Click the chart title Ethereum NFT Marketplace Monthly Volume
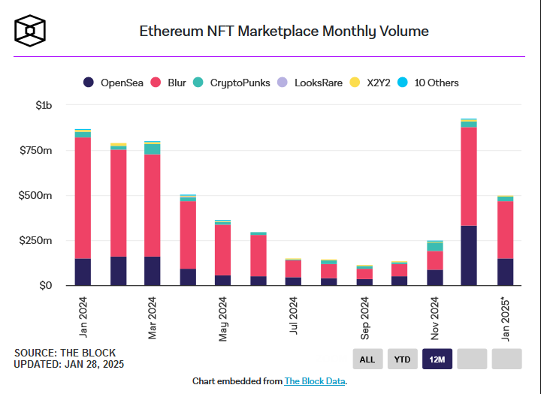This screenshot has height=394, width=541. (284, 32)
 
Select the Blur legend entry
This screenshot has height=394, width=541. (168, 83)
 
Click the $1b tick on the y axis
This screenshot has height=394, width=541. (44, 106)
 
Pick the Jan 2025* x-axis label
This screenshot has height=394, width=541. (505, 320)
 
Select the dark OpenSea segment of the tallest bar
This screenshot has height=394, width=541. (469, 255)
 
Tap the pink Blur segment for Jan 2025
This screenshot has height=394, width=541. (505, 230)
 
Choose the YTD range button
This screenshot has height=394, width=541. (403, 359)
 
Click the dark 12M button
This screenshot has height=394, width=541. (437, 359)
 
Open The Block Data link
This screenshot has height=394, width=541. (315, 381)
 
